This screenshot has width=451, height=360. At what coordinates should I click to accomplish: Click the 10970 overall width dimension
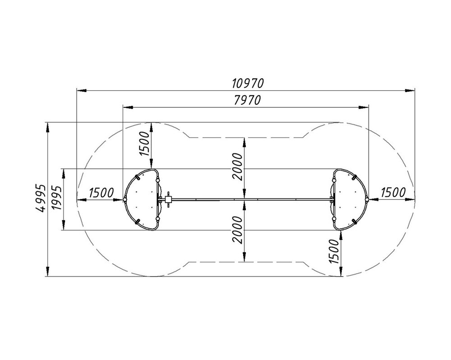[248, 83]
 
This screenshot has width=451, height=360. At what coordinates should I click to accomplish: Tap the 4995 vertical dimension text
[41, 198]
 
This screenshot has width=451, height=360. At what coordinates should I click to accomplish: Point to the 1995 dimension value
[56, 198]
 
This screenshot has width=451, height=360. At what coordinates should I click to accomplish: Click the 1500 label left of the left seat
[101, 193]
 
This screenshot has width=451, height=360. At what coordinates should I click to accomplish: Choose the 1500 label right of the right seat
[393, 192]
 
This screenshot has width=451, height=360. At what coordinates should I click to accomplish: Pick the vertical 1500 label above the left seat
[145, 143]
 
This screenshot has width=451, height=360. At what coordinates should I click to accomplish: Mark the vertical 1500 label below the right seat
[334, 251]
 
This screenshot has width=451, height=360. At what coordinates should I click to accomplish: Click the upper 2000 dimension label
[238, 167]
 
